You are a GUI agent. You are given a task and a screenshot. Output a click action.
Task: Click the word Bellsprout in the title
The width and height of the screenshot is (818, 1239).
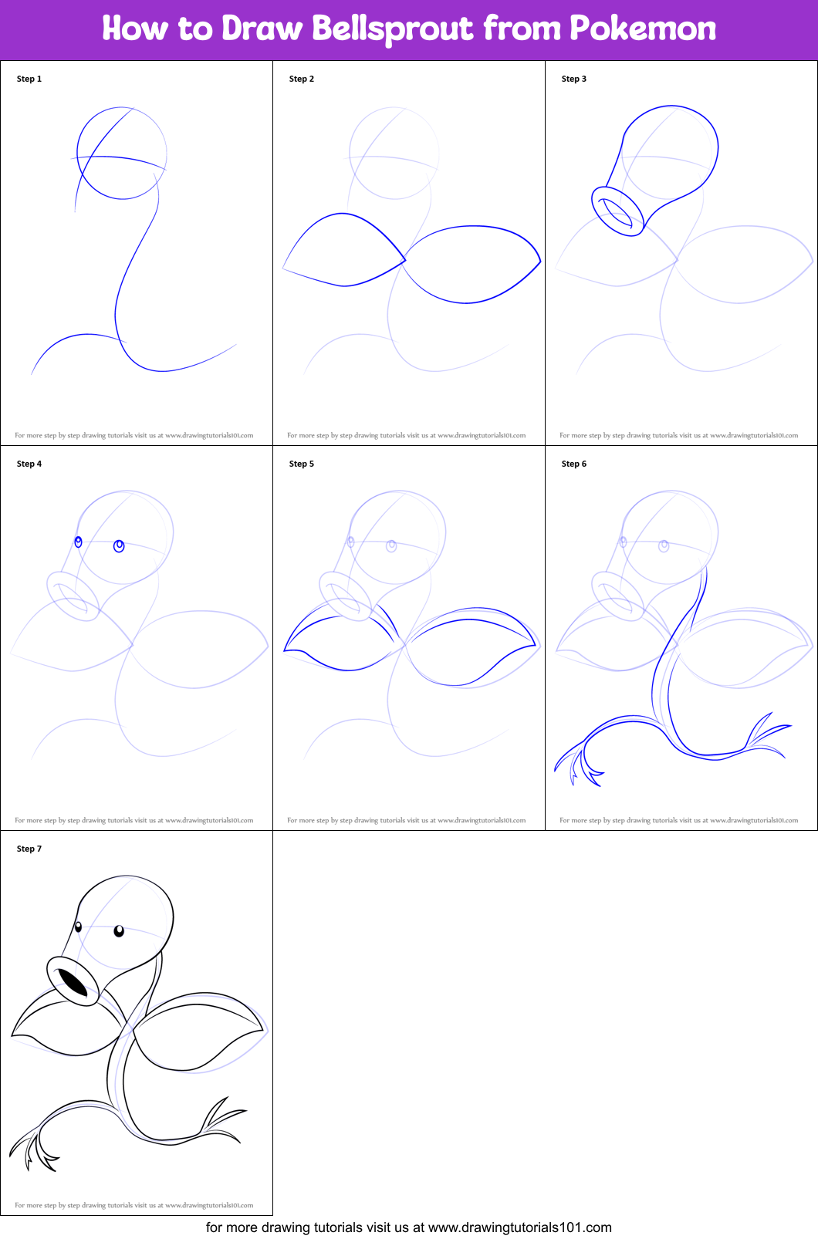coord(393,29)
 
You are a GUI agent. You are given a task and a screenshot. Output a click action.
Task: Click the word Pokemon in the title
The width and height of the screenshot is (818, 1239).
coord(642,29)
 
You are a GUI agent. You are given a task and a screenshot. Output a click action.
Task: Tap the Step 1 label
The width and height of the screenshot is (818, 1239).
coord(29,79)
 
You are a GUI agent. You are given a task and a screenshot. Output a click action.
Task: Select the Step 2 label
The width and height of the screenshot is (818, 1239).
coord(302,79)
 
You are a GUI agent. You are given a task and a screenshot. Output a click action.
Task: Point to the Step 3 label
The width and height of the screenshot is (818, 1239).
coord(574,79)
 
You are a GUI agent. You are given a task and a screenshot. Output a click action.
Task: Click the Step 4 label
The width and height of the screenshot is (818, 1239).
coord(29,464)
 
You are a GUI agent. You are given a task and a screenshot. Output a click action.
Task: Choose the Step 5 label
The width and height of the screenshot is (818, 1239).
coord(302,464)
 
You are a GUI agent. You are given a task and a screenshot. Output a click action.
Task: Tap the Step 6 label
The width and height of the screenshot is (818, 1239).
coord(574,464)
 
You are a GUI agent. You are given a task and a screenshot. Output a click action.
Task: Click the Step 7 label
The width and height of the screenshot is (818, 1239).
coord(29,849)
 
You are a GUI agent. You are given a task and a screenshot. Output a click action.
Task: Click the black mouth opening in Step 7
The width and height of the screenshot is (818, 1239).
coord(73,983)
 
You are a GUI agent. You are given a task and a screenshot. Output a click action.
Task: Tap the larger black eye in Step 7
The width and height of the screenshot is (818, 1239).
coord(119,931)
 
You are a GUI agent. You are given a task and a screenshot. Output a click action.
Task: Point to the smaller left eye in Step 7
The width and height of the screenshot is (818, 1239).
coord(79,927)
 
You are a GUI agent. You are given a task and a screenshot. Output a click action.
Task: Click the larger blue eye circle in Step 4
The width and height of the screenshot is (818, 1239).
coord(119,546)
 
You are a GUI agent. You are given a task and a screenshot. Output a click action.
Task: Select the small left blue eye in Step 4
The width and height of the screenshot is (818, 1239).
coord(78,542)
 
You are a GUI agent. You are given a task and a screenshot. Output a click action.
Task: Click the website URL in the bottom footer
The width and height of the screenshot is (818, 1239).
coord(519,1227)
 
